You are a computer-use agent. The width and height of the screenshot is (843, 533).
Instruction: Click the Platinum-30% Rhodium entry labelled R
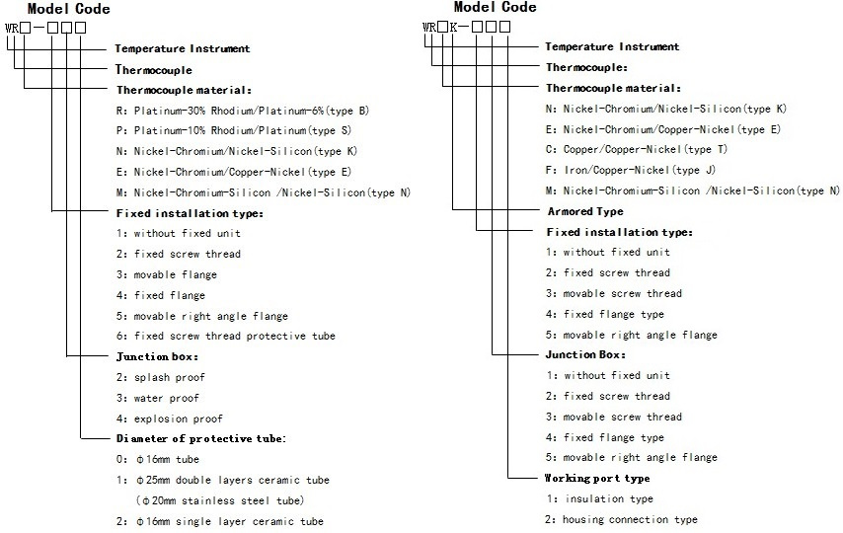point(243,111)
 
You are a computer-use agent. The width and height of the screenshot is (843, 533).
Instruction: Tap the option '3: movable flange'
point(167,274)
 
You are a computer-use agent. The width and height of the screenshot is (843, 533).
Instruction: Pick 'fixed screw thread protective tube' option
point(226,337)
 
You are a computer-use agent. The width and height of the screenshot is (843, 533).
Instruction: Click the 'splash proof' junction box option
point(160,378)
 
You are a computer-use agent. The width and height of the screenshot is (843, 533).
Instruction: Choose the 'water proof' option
point(158,398)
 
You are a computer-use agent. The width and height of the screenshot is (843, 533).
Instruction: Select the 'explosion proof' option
point(170,419)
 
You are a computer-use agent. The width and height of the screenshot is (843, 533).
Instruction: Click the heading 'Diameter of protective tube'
point(201,439)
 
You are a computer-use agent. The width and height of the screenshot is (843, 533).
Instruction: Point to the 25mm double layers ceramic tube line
point(222,480)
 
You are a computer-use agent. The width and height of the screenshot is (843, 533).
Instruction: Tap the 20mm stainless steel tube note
point(220,500)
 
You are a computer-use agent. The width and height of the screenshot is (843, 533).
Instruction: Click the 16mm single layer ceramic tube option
point(220,522)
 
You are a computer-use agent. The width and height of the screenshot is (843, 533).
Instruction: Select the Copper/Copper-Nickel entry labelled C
point(636,149)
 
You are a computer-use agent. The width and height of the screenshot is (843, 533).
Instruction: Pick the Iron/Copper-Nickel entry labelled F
point(630,170)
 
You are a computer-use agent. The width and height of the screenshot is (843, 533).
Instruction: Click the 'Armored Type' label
point(585,211)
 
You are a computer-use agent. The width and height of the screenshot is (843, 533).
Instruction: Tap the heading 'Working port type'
point(597,478)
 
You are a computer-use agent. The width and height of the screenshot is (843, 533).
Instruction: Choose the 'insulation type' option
point(600,499)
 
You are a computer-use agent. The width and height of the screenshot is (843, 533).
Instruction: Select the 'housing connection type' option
point(621,519)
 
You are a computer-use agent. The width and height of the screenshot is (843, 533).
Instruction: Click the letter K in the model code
point(454,27)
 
